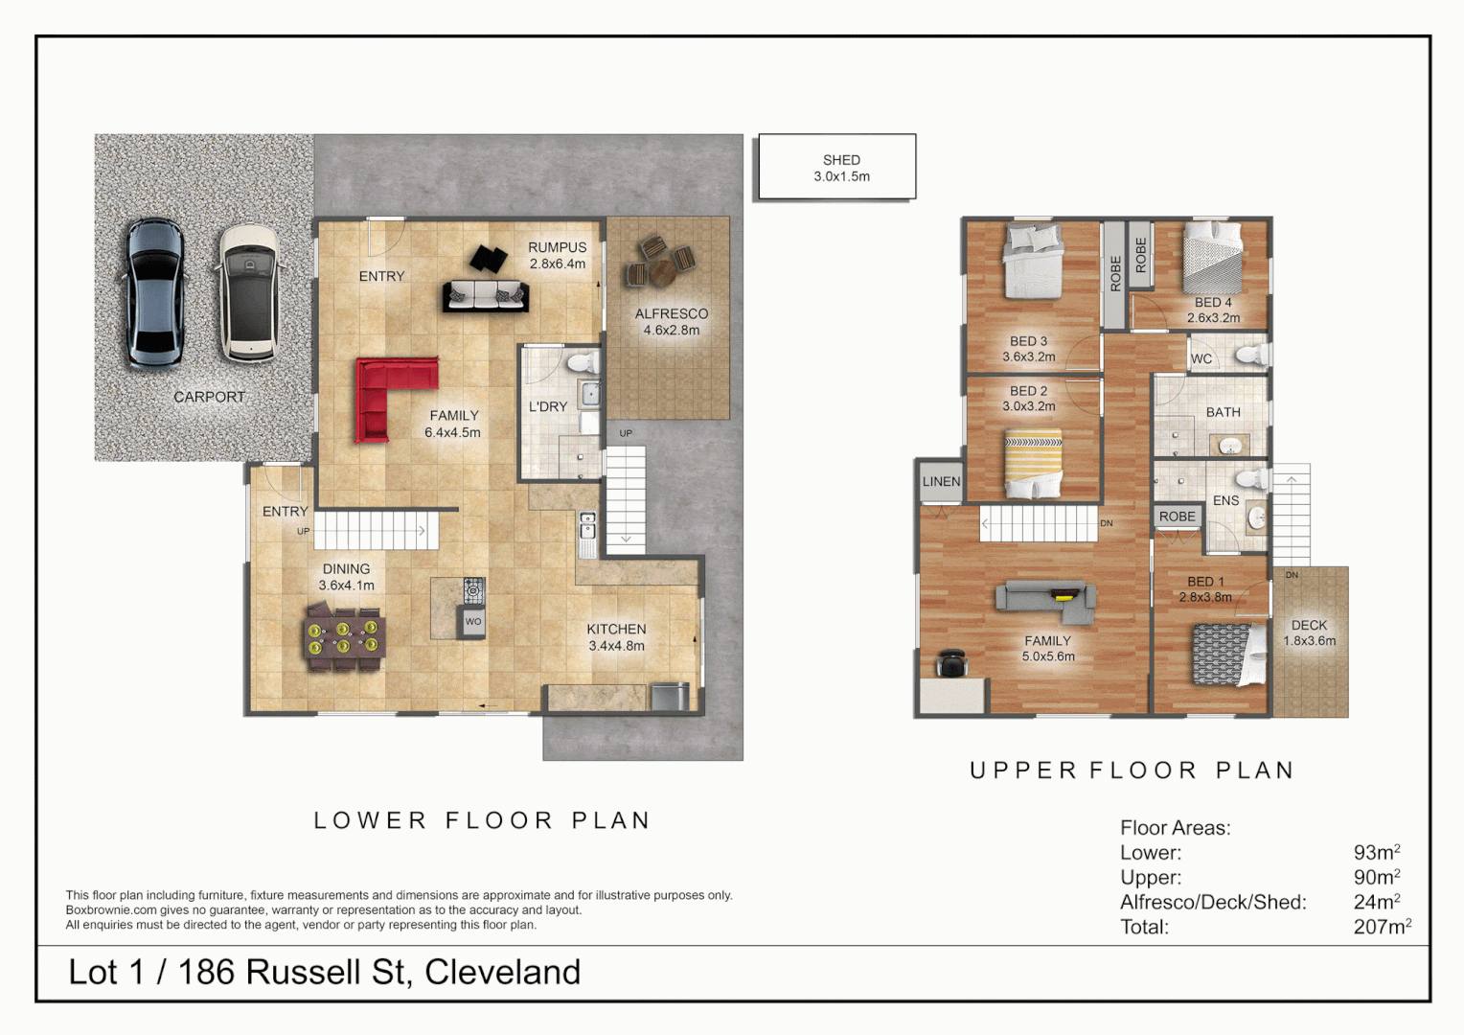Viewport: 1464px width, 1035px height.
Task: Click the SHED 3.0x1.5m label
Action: pyautogui.click(x=841, y=168)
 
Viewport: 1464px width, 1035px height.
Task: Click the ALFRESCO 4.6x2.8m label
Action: pyautogui.click(x=671, y=322)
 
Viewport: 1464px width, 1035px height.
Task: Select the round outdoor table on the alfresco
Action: pyautogui.click(x=662, y=271)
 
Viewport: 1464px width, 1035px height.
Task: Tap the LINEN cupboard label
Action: pyautogui.click(x=941, y=481)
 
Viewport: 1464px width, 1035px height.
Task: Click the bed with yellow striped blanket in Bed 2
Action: pyautogui.click(x=1033, y=465)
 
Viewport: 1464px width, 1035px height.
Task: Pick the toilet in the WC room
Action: pyautogui.click(x=1249, y=356)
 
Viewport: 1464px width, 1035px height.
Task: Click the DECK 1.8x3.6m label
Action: pyautogui.click(x=1309, y=632)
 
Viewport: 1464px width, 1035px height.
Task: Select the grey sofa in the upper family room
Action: pyautogui.click(x=1045, y=597)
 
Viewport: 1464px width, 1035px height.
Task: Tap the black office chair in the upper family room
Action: pyautogui.click(x=951, y=662)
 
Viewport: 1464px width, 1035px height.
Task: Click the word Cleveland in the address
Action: pyautogui.click(x=502, y=972)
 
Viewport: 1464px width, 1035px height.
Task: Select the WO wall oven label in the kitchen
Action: pyautogui.click(x=473, y=622)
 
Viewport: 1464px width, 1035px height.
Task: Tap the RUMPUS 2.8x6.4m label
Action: pyautogui.click(x=557, y=255)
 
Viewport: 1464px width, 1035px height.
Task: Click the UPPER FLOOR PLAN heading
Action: pyautogui.click(x=1132, y=770)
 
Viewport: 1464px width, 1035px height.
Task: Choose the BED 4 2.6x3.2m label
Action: pyautogui.click(x=1213, y=310)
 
